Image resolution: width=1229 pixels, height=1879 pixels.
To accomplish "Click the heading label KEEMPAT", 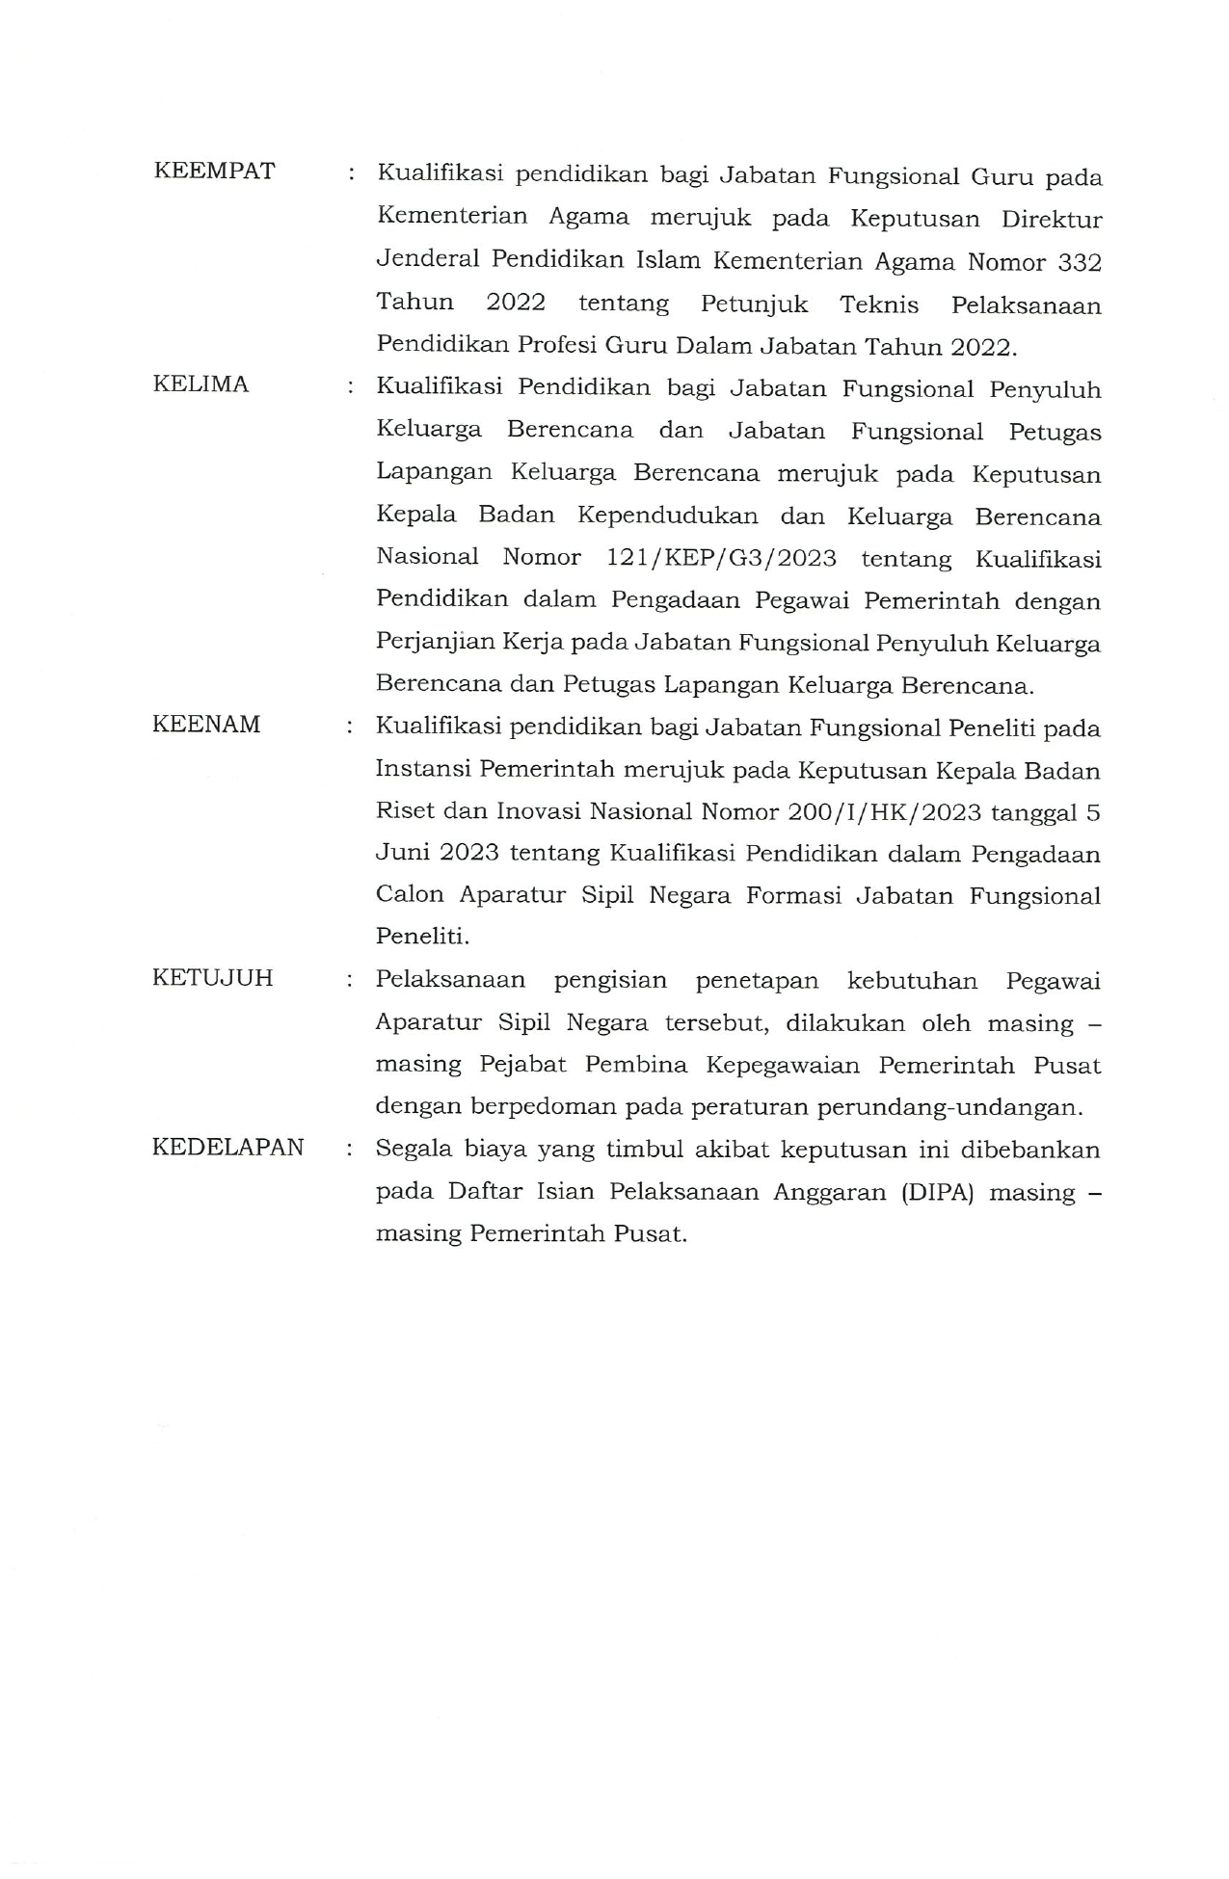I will [214, 172].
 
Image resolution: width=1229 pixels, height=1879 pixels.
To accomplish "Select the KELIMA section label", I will [200, 384].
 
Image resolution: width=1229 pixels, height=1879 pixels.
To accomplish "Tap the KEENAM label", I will [206, 725].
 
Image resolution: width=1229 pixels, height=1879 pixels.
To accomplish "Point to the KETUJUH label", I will [212, 978].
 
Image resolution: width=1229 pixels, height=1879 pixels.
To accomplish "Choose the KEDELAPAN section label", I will [228, 1148].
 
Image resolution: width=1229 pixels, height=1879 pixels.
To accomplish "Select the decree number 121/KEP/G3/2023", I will [721, 559].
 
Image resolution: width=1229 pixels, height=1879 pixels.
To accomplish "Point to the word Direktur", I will [1051, 220].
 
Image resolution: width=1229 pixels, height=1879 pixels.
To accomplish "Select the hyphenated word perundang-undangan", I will [949, 1107].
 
